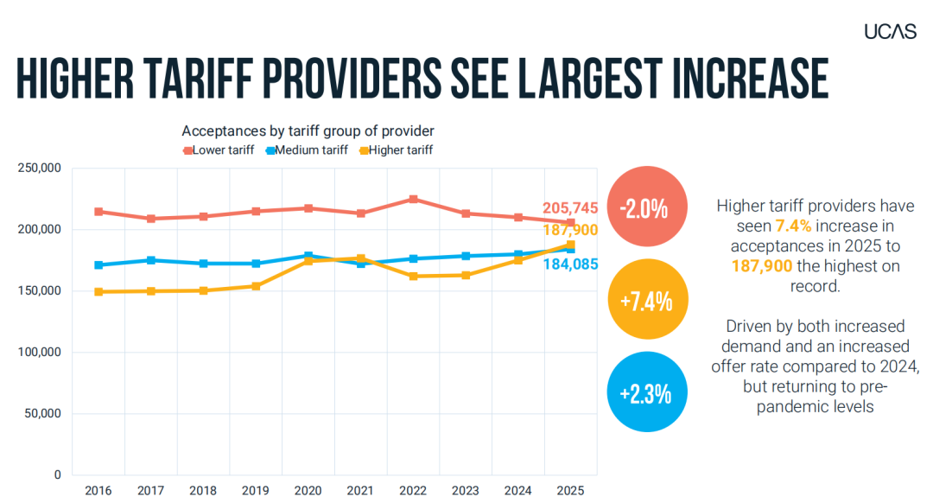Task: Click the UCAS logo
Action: [890, 32]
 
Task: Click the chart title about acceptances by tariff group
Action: [308, 131]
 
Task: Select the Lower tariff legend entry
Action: [219, 150]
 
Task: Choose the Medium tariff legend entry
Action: [307, 150]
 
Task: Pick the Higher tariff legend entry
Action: [397, 150]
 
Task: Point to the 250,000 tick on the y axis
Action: [39, 168]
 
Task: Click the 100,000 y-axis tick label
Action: [39, 353]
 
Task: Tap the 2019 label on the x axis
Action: [255, 491]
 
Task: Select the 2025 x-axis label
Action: [570, 491]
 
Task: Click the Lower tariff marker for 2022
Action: [414, 200]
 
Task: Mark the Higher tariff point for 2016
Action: [98, 291]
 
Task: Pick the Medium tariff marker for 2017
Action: [151, 260]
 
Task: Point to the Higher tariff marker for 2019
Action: [256, 286]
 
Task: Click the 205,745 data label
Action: [570, 208]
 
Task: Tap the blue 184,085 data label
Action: [571, 264]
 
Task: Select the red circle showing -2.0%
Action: [647, 207]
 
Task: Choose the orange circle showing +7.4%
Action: [648, 299]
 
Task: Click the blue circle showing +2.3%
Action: [647, 392]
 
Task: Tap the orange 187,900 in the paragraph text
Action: [762, 266]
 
